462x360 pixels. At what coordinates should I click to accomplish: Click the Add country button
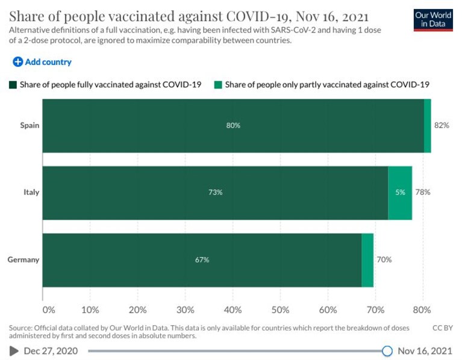42,62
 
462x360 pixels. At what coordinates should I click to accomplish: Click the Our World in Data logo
433,20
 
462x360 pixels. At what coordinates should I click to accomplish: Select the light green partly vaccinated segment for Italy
400,193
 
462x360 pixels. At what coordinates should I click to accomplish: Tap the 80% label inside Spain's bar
233,125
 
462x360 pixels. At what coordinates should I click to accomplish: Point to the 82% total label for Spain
442,125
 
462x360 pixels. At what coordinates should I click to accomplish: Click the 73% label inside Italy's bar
216,192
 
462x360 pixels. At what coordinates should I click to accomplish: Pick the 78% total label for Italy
423,192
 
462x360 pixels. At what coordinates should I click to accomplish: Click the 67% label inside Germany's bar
202,259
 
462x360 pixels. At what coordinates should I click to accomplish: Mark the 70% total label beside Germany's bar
384,259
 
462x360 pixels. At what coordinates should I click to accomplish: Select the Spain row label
30,125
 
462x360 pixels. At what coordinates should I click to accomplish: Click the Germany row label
23,259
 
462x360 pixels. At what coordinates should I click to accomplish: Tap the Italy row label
31,192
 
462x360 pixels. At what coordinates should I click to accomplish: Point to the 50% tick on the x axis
280,309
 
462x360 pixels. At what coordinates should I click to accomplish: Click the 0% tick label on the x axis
49,309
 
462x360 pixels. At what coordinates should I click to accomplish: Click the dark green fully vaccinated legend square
13,85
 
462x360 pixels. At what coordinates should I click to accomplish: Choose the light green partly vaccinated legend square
218,85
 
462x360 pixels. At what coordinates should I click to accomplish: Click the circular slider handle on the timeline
387,351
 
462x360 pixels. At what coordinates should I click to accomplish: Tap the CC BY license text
443,328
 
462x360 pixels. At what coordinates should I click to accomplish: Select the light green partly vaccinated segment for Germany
367,260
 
